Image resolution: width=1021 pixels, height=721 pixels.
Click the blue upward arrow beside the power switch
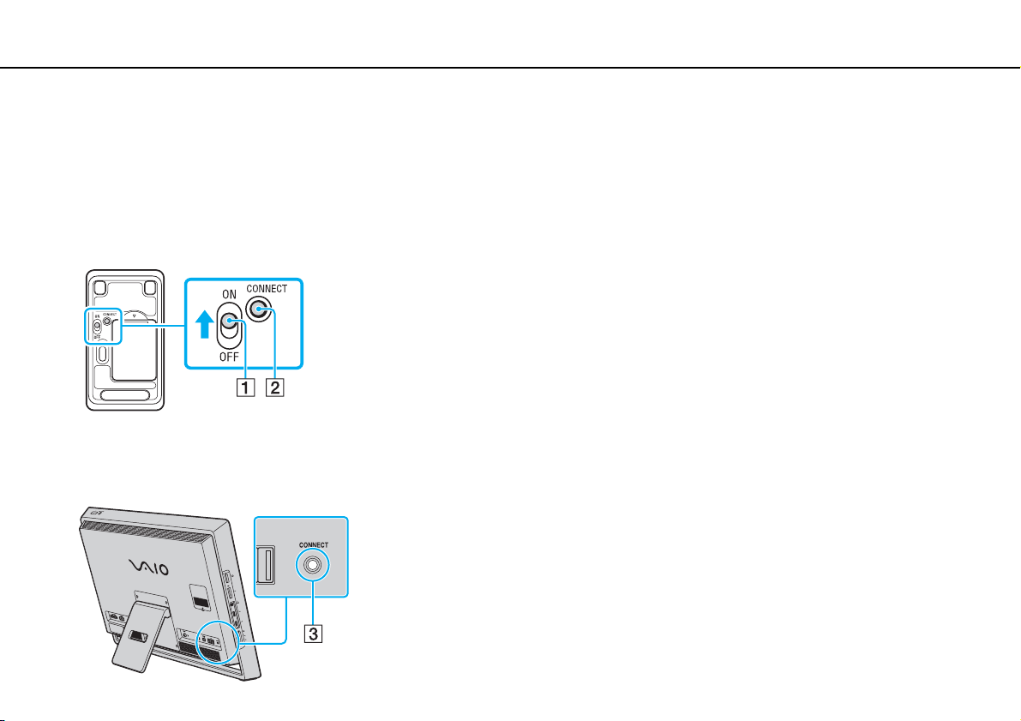(x=202, y=325)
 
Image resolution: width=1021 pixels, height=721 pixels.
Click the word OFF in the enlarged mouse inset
(x=230, y=359)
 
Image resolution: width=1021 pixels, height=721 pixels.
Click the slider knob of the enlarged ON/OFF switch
(x=229, y=323)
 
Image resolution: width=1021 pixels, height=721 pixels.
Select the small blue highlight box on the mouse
(x=99, y=327)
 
